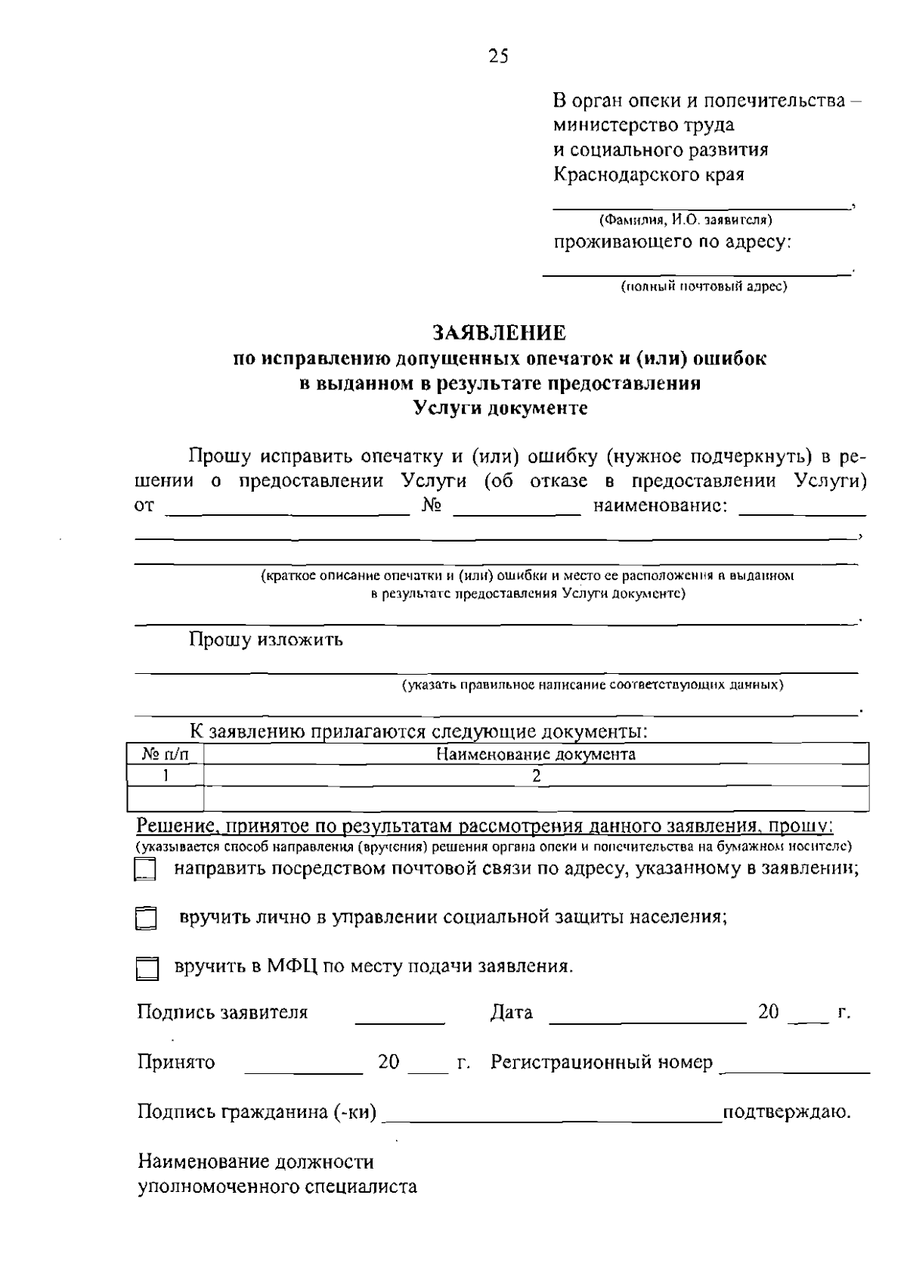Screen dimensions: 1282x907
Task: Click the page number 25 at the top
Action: [499, 56]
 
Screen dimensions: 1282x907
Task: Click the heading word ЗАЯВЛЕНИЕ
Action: [499, 333]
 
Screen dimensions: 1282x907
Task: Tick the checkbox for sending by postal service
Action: [144, 870]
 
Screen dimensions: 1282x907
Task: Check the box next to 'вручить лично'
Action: [144, 919]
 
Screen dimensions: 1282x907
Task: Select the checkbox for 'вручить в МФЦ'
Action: [147, 969]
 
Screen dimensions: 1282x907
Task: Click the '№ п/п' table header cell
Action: [164, 754]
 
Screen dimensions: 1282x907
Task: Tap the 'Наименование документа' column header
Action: [536, 754]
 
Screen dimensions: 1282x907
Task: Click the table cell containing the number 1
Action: [164, 775]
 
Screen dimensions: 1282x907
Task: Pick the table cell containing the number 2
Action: [536, 775]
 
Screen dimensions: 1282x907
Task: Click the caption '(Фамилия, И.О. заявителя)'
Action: [685, 221]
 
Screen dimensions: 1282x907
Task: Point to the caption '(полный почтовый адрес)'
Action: [704, 287]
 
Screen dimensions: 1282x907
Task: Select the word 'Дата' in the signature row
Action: [512, 1013]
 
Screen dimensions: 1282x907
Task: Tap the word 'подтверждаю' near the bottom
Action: [787, 1113]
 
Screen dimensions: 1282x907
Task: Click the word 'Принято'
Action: [175, 1063]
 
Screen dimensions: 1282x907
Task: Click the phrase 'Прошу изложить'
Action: [266, 640]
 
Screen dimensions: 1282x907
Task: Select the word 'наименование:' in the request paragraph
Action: [661, 505]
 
